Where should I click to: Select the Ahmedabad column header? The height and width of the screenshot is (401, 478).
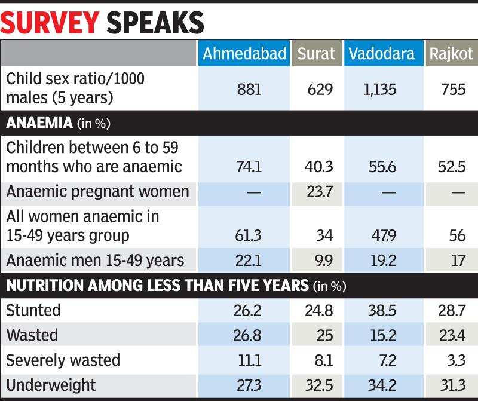[x=244, y=54]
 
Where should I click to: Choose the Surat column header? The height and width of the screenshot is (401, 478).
[x=317, y=54]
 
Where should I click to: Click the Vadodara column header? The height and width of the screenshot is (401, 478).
[x=382, y=54]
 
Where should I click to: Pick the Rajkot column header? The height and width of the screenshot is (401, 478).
[x=451, y=54]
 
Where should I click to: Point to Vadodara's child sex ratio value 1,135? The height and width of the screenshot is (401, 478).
[x=379, y=90]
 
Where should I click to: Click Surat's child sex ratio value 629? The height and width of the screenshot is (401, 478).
[x=320, y=90]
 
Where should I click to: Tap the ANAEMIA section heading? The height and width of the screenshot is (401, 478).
[x=39, y=124]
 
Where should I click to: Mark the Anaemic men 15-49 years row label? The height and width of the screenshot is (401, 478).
[x=95, y=260]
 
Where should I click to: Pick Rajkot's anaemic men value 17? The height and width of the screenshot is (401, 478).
[x=458, y=261]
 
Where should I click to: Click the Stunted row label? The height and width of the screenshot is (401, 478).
[x=33, y=310]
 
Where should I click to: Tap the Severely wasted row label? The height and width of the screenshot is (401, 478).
[x=63, y=360]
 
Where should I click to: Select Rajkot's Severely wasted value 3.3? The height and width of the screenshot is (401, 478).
[x=456, y=360]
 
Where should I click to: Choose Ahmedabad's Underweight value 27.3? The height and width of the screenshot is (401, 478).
[x=248, y=385]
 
